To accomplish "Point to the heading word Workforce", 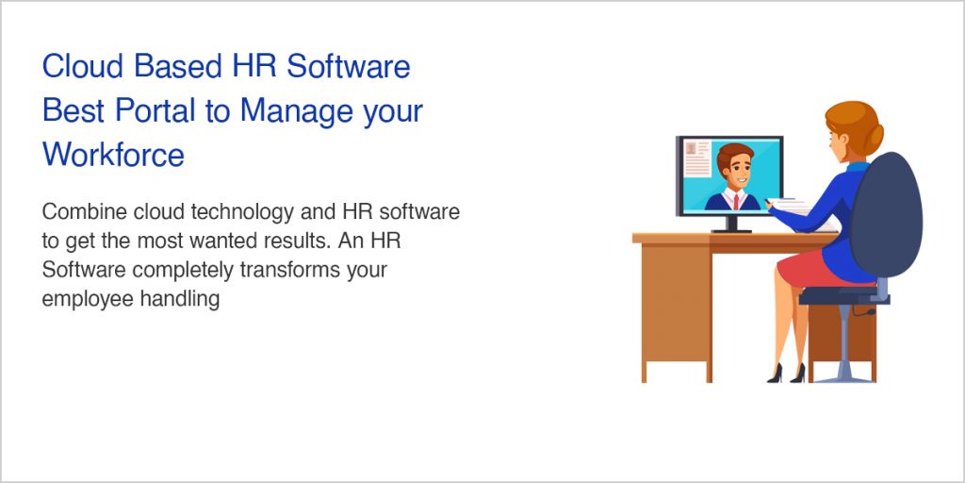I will point(113,154).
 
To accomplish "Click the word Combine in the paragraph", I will point(81,211).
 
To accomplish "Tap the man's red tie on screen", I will point(733,200).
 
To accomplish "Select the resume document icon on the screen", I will point(697,158).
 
